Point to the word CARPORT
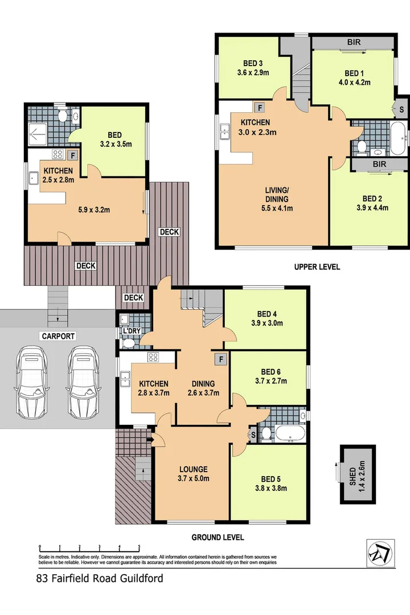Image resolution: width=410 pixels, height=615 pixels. click(x=58, y=337)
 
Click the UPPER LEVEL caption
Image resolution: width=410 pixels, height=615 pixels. click(x=317, y=266)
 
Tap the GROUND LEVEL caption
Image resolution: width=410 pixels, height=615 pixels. click(x=218, y=537)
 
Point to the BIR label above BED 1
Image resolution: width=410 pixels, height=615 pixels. click(x=353, y=43)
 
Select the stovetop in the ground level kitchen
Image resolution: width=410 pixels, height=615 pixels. click(x=153, y=358)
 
